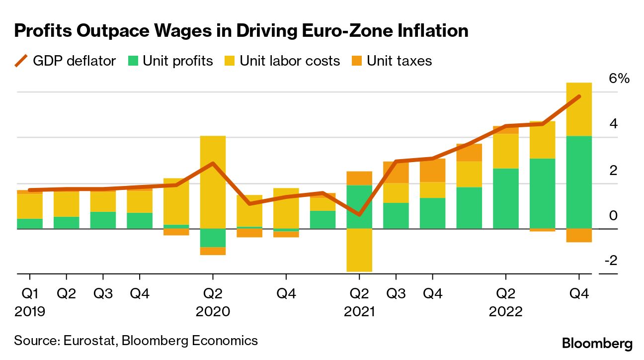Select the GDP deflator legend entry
coord(65,61)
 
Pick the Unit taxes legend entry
coord(392,61)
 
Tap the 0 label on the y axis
coord(614,215)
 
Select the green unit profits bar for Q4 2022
coord(579,182)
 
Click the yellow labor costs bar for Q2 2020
coord(213,182)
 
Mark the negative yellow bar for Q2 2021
coord(359,250)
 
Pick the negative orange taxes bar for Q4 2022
coord(579,235)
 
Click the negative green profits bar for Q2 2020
coord(213,238)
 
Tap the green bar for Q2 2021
coord(359,206)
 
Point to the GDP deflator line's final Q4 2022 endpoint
coord(579,96)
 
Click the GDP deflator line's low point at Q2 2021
coord(359,215)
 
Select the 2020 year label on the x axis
coord(213,312)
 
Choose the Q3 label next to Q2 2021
coord(396,294)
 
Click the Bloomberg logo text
coord(597,344)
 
